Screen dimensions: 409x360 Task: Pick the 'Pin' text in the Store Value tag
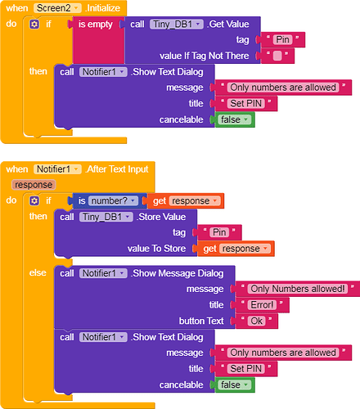[219, 232]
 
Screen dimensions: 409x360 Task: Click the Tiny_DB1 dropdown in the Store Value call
[106, 217]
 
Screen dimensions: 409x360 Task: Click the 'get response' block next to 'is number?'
[183, 200]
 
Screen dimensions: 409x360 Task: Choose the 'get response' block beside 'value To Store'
[232, 249]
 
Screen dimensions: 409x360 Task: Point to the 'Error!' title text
[267, 304]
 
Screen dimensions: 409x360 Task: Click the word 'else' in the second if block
[38, 272]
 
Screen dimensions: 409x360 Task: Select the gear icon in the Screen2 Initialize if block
[34, 24]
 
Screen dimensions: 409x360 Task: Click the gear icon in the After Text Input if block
[34, 200]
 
